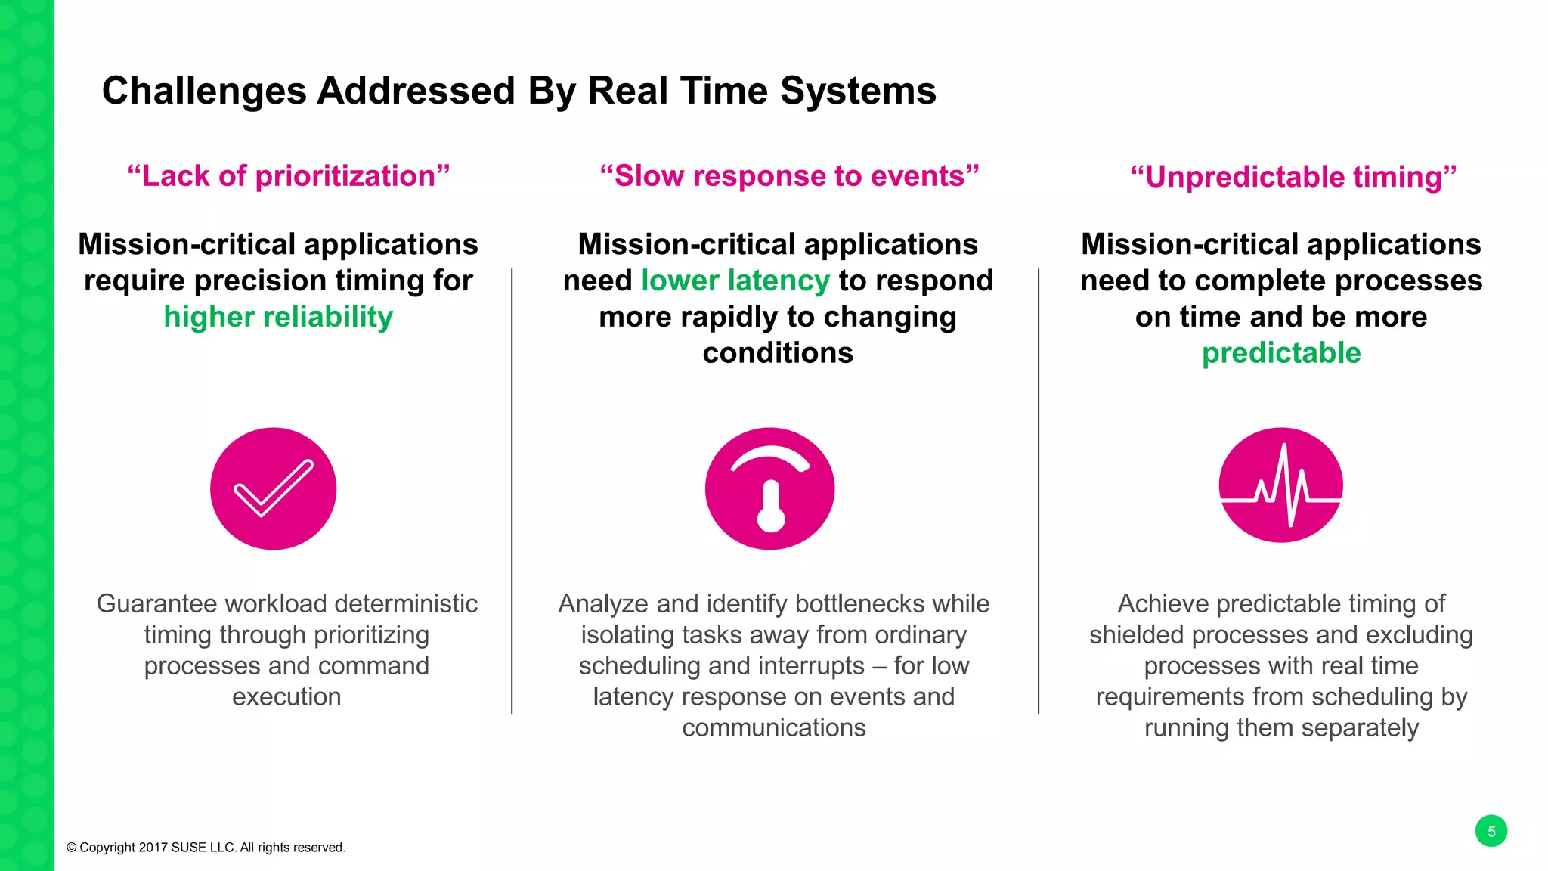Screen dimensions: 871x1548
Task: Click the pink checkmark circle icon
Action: pyautogui.click(x=273, y=488)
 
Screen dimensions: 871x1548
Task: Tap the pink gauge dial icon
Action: pyautogui.click(x=769, y=488)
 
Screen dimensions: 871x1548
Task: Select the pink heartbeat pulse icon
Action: pyautogui.click(x=1280, y=485)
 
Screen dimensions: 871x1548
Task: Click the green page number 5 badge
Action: pyautogui.click(x=1491, y=831)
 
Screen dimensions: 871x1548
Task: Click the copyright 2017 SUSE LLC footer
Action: pyautogui.click(x=206, y=848)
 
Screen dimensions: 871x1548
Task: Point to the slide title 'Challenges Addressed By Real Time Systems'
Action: pyautogui.click(x=519, y=91)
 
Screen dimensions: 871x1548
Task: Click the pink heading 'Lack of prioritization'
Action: pyautogui.click(x=289, y=176)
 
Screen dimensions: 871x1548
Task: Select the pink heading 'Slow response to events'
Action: pyautogui.click(x=789, y=176)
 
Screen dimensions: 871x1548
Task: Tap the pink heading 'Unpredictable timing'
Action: pyautogui.click(x=1293, y=177)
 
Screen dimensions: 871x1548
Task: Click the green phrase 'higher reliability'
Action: pyautogui.click(x=278, y=317)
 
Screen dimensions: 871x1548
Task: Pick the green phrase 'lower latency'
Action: pyautogui.click(x=735, y=281)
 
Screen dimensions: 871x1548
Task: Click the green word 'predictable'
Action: pyautogui.click(x=1281, y=353)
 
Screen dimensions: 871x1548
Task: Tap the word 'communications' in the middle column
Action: pyautogui.click(x=774, y=727)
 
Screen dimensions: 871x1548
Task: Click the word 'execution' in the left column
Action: pyautogui.click(x=286, y=696)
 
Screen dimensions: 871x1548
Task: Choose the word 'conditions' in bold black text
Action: pyautogui.click(x=778, y=353)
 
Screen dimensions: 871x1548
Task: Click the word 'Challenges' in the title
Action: pyautogui.click(x=204, y=91)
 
